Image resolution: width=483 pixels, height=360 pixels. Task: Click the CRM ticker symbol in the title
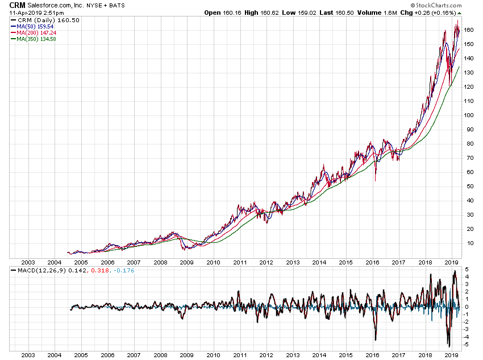pos(17,5)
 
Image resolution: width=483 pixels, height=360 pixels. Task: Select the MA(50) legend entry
pos(35,26)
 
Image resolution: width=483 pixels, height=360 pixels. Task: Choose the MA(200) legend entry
pos(36,32)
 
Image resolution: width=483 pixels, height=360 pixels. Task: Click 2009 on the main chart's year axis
pos(187,263)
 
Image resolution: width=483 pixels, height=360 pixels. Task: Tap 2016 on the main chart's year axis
pos(372,263)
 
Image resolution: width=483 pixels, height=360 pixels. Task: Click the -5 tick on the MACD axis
pos(467,344)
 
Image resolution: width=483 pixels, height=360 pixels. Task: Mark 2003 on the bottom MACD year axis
pos(28,355)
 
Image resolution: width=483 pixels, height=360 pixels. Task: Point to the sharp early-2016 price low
pos(375,181)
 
